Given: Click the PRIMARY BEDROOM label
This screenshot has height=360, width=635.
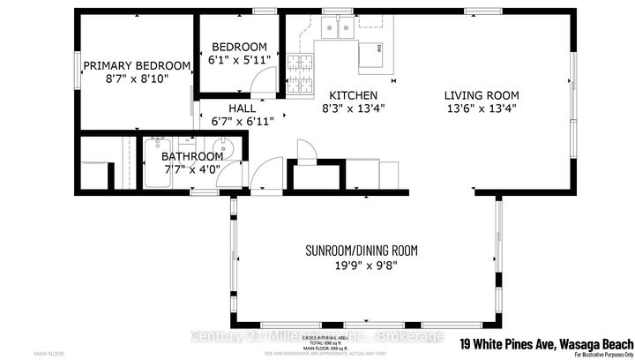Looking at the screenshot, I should pyautogui.click(x=137, y=65).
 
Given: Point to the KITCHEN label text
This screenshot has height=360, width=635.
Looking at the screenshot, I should pyautogui.click(x=353, y=95).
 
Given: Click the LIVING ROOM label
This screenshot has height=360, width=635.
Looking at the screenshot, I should pyautogui.click(x=481, y=95).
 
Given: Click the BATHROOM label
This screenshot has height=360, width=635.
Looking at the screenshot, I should pyautogui.click(x=192, y=156).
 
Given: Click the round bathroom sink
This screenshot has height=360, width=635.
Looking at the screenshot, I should pyautogui.click(x=224, y=148).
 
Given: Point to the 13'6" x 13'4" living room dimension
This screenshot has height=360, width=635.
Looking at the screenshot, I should pyautogui.click(x=481, y=109).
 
